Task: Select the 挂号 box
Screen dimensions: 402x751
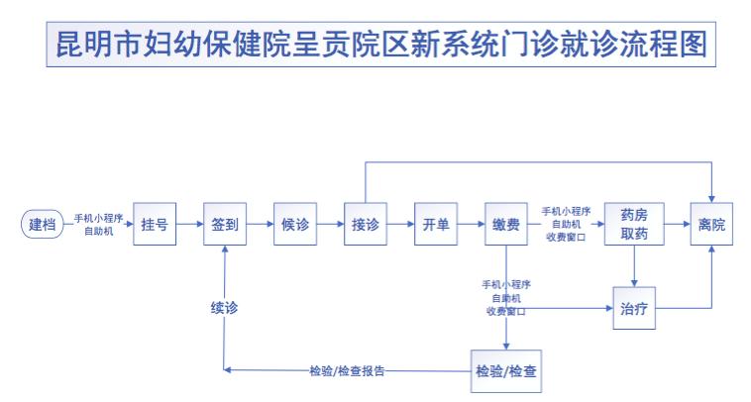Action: point(154,225)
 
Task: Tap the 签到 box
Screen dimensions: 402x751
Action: point(225,225)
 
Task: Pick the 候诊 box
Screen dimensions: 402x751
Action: point(295,225)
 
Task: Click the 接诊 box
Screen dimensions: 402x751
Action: point(366,225)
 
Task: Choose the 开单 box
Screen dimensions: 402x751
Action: point(436,225)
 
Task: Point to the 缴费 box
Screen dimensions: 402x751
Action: point(506,225)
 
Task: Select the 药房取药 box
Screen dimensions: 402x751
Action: point(634,225)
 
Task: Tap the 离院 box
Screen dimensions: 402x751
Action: point(710,225)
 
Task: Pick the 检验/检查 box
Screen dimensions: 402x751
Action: point(506,371)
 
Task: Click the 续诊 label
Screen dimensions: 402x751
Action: point(225,307)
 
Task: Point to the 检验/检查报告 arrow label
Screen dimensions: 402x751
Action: point(347,371)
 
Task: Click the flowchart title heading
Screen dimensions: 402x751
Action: point(381,48)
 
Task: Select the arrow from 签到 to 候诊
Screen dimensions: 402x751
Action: point(260,225)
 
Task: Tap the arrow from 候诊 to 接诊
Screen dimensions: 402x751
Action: point(330,225)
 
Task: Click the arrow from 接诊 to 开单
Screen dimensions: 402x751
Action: point(400,225)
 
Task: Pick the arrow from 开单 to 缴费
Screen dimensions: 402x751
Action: point(471,225)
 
